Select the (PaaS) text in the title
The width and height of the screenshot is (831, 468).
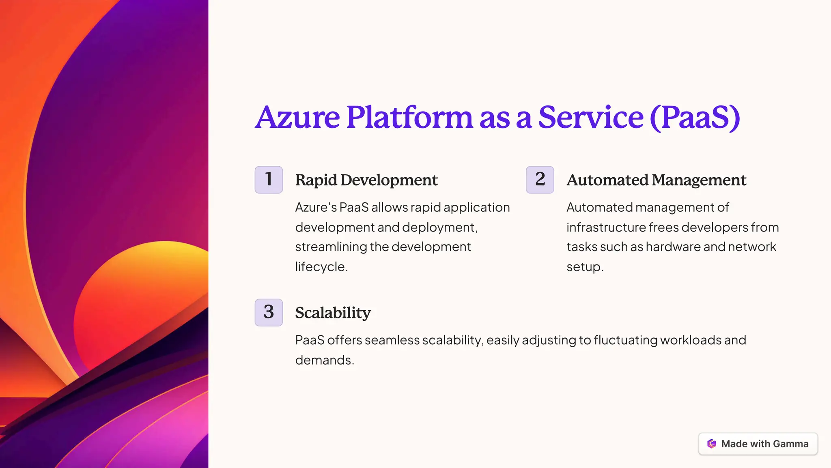pyautogui.click(x=695, y=118)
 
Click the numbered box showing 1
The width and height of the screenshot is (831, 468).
pyautogui.click(x=269, y=180)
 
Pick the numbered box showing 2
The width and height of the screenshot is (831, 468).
pyautogui.click(x=540, y=180)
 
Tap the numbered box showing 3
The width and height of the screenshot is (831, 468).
pyautogui.click(x=269, y=312)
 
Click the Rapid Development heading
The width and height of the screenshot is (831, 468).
pyautogui.click(x=366, y=180)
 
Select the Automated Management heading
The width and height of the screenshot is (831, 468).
pyautogui.click(x=657, y=180)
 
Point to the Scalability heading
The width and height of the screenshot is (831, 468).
pyautogui.click(x=333, y=313)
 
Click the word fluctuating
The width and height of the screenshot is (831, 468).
pyautogui.click(x=625, y=341)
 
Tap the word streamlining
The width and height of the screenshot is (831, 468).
pyautogui.click(x=331, y=247)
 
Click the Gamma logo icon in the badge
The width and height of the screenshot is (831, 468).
pyautogui.click(x=712, y=444)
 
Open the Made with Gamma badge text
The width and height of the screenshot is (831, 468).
pyautogui.click(x=765, y=444)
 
